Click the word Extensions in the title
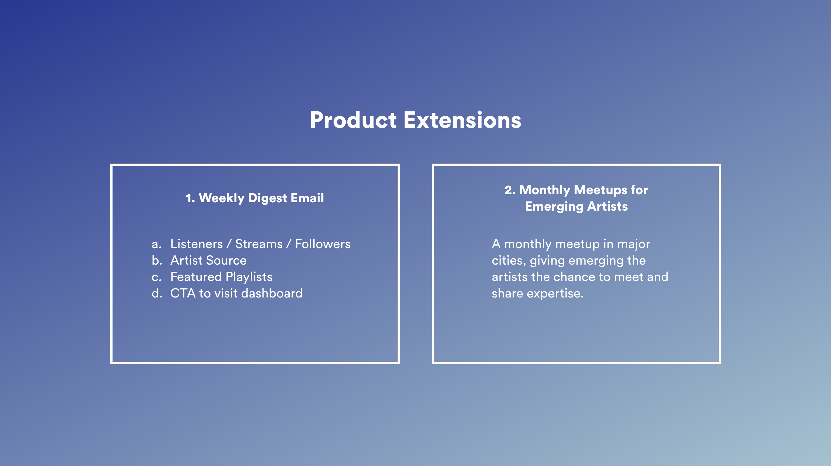point(463,120)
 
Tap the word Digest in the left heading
point(267,198)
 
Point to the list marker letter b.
point(157,260)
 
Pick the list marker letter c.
point(156,277)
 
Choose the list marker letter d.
point(157,293)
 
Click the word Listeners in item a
point(196,244)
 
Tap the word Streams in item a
point(259,244)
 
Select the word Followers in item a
point(323,244)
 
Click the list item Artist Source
point(208,260)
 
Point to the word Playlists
point(249,277)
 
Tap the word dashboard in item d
point(272,293)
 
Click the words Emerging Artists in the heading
point(577,206)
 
